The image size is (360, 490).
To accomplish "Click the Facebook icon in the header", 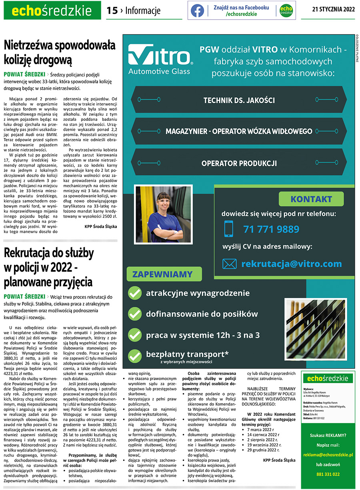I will tap(197, 11).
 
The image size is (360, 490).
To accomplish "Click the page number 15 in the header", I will tap(112, 11).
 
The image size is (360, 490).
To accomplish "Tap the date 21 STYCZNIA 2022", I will tap(333, 10).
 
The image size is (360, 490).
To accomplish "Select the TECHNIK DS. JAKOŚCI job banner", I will tap(239, 100).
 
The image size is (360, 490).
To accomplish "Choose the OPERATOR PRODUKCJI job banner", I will tap(239, 163).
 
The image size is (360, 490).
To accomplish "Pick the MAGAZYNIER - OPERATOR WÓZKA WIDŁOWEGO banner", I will tap(239, 131).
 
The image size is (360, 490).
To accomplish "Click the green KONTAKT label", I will tap(311, 199).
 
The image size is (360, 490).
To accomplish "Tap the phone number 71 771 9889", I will tap(271, 229).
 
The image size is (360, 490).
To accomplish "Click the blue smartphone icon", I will tap(229, 229).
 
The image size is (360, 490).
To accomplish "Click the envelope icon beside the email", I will tap(229, 264).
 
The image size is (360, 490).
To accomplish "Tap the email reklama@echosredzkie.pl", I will tap(328, 455).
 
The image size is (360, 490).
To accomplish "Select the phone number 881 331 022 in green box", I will tap(328, 474).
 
